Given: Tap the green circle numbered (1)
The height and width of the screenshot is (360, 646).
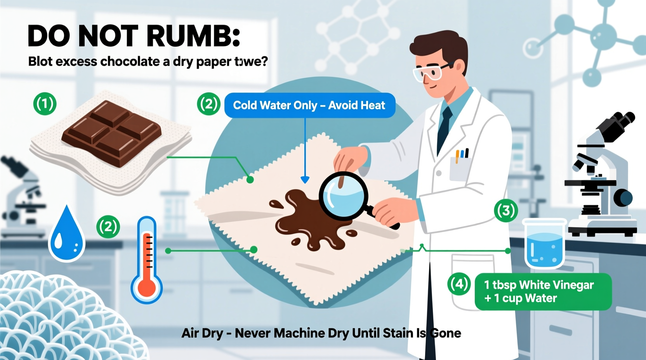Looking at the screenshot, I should click(x=45, y=104).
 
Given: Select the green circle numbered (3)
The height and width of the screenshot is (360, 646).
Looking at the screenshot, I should click(x=506, y=211).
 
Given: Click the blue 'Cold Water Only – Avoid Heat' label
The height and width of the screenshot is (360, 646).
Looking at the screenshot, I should click(x=309, y=105).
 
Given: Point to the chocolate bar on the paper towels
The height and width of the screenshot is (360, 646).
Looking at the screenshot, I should click(x=111, y=133).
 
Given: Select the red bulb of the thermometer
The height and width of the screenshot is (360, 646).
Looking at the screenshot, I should click(x=147, y=288).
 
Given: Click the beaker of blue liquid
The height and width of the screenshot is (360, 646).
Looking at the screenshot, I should click(x=544, y=244).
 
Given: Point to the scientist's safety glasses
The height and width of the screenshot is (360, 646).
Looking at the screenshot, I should click(x=431, y=73).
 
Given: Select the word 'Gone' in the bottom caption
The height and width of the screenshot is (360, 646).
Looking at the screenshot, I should click(x=446, y=333).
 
